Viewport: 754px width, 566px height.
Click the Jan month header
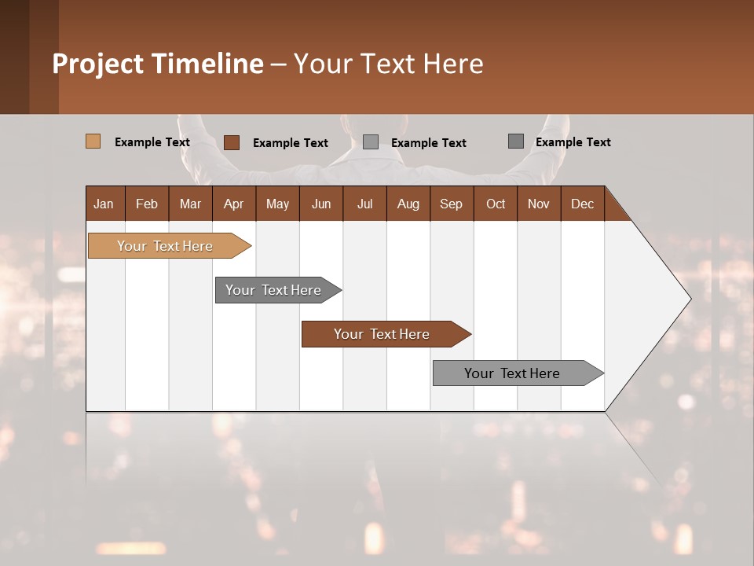[104, 204]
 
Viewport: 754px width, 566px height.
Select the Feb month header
[147, 204]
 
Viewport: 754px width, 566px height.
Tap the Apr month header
[233, 204]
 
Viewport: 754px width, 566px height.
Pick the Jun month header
[320, 204]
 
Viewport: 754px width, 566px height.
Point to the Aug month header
[408, 204]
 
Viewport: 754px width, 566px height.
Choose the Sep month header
[451, 204]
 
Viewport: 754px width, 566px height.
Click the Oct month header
[495, 204]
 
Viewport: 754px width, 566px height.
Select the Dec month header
[582, 204]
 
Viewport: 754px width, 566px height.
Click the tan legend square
[93, 141]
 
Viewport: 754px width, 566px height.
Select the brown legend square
[231, 142]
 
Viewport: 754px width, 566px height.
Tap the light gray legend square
[371, 142]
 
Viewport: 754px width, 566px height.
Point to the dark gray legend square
[515, 141]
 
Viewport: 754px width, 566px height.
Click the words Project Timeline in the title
[157, 64]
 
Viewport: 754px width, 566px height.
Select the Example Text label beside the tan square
[152, 142]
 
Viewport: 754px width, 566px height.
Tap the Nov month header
[538, 204]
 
